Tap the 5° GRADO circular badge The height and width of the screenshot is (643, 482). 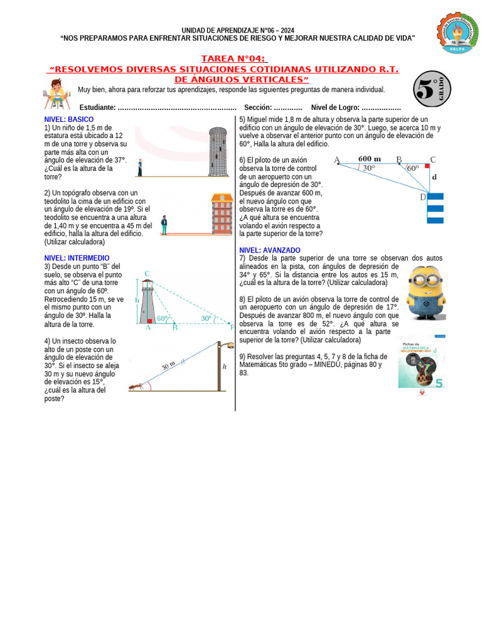coord(432,89)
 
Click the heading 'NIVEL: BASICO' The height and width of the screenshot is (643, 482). coord(69,119)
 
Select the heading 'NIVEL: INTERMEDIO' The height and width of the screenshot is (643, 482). coord(77,258)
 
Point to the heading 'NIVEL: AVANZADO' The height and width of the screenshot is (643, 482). coord(270,250)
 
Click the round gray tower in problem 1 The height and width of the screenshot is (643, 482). coord(217,151)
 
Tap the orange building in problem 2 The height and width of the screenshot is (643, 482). coord(221,214)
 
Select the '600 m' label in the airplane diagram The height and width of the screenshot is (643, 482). coord(369,159)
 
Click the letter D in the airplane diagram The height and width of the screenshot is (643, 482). coord(422,198)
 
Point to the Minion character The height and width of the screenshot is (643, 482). coord(424,293)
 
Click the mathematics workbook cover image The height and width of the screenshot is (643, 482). coord(421,362)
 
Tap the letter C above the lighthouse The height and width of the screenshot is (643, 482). coord(147,274)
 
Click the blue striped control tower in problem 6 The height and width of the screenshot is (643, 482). coord(435,208)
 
